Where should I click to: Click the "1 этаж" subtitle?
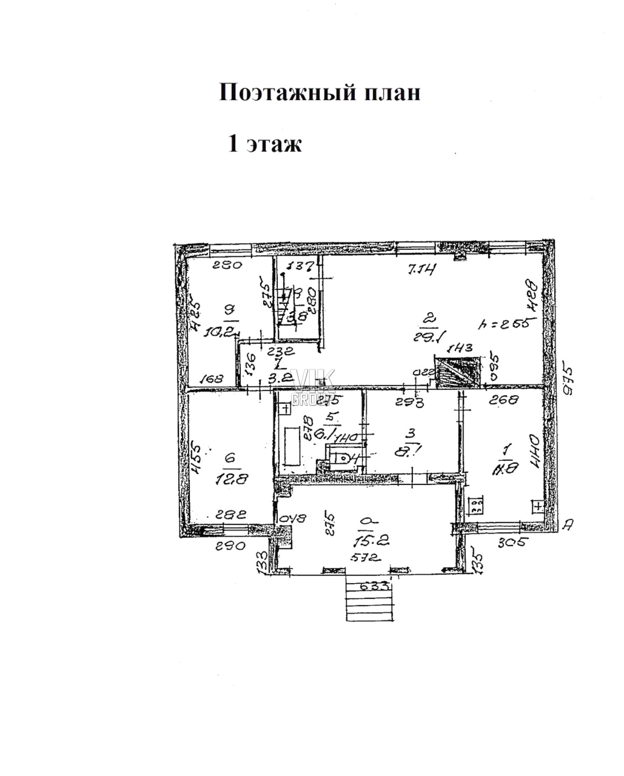(x=264, y=144)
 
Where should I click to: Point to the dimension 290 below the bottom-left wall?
(x=231, y=546)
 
